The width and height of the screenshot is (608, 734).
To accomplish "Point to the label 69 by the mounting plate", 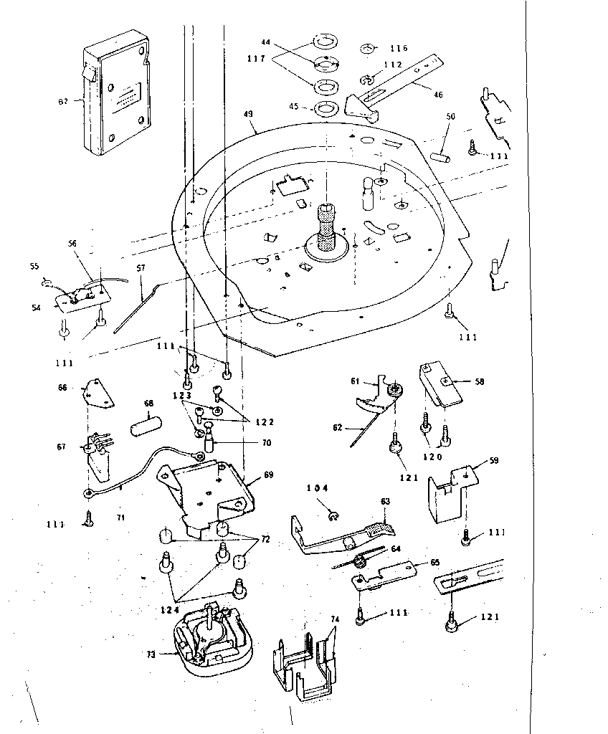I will click(268, 475).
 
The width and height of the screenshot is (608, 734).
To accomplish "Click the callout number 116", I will click(399, 49).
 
